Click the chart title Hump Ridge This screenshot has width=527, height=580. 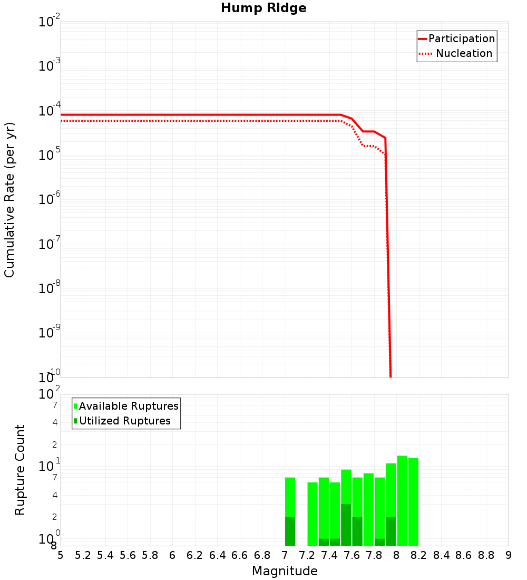[x=263, y=8]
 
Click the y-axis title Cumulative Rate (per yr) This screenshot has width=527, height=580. [x=9, y=199]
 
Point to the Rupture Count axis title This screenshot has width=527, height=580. [x=20, y=470]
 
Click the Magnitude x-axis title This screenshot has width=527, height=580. [x=285, y=571]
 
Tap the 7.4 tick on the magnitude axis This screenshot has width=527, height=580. [x=329, y=555]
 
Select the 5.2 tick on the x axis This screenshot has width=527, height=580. [x=83, y=555]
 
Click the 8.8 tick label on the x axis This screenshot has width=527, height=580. [x=486, y=555]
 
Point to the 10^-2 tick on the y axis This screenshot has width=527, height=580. [x=50, y=22]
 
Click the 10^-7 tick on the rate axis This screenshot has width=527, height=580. [x=50, y=245]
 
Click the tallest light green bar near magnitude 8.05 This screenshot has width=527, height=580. [x=402, y=501]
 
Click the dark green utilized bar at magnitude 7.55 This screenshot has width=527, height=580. [x=346, y=525]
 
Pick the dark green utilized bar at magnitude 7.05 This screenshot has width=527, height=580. [x=290, y=531]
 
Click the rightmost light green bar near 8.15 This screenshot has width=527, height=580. [x=413, y=501]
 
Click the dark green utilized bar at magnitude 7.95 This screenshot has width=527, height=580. [x=391, y=531]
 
